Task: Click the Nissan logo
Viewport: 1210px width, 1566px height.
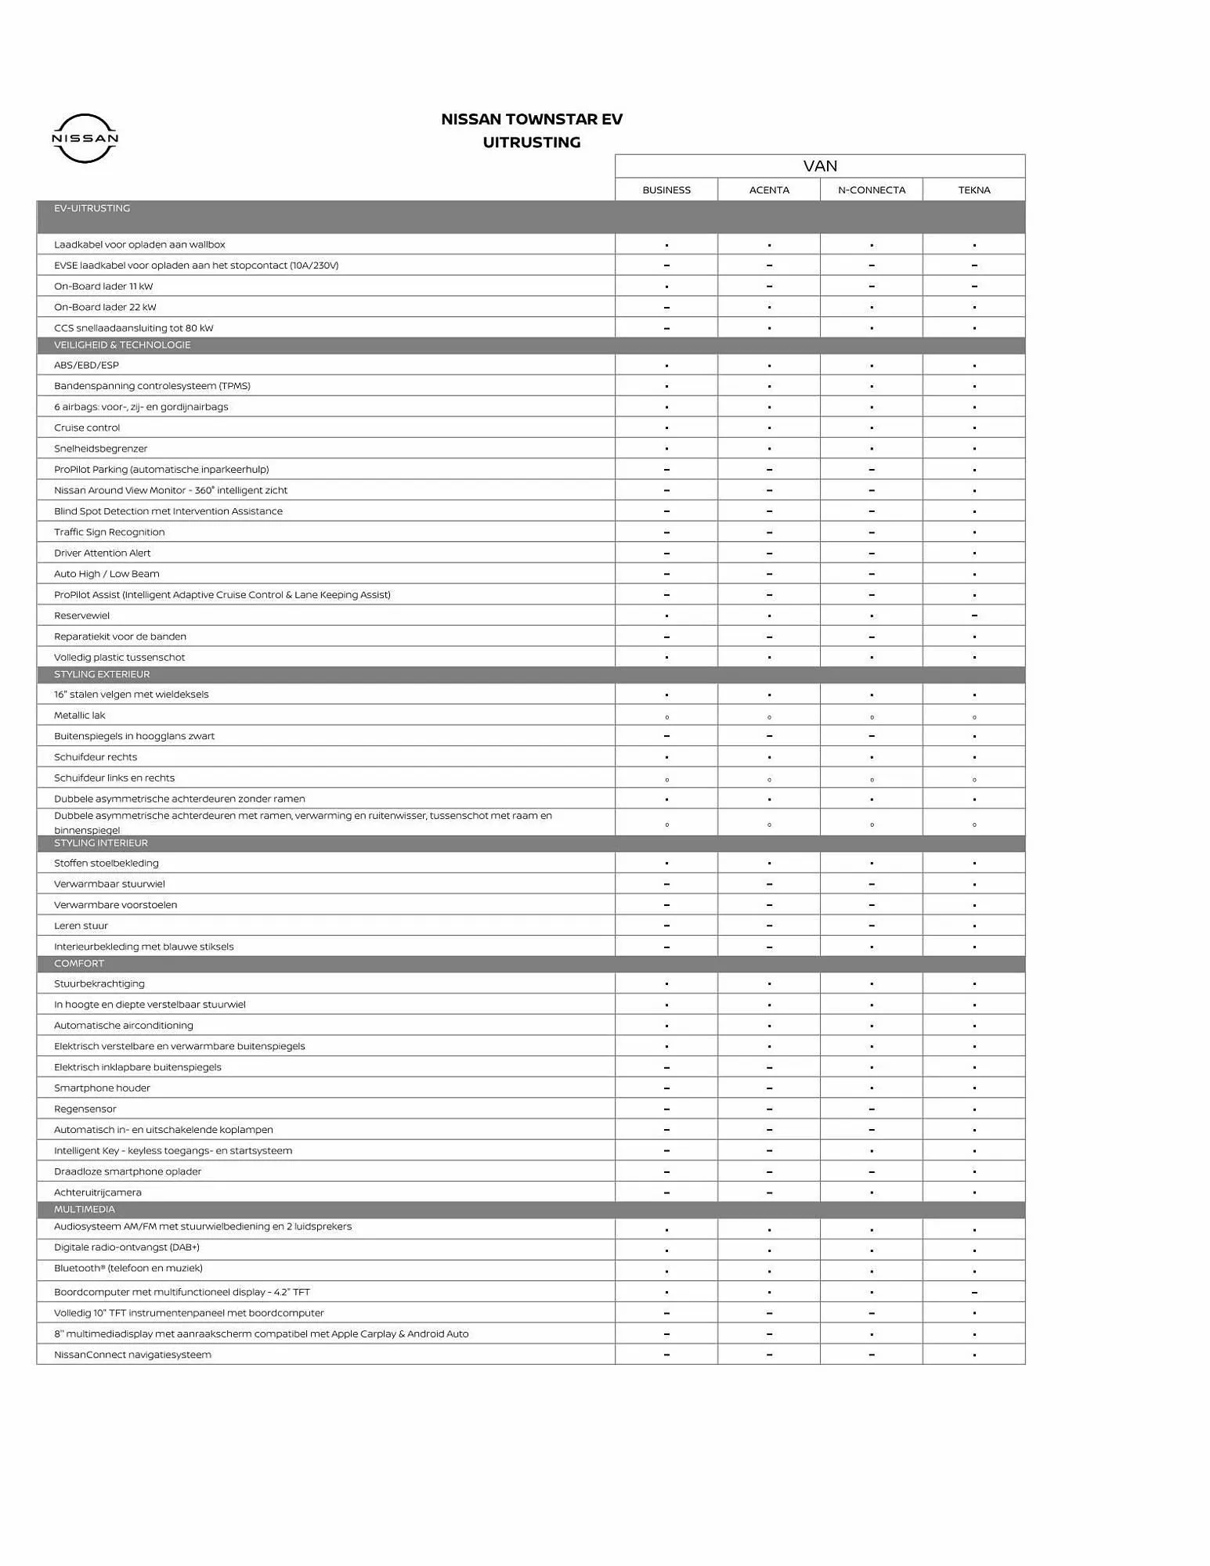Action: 85,139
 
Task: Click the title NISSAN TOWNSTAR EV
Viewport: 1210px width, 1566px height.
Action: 532,119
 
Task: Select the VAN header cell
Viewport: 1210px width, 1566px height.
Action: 820,166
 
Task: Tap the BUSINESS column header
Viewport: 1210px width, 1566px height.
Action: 666,190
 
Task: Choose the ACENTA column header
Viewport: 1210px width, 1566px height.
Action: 769,190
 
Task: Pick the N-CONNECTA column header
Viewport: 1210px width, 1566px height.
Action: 872,190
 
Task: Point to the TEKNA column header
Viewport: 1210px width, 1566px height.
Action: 974,190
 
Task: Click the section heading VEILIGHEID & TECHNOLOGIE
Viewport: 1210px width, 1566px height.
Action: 122,345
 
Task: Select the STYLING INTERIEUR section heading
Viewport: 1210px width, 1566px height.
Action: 101,843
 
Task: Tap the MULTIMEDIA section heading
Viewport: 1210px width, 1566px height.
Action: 85,1210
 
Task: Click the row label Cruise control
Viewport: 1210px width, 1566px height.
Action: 87,428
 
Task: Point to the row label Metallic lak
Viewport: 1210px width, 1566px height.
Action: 80,716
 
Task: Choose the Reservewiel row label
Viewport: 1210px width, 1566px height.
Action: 82,616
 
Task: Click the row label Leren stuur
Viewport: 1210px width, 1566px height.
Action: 81,926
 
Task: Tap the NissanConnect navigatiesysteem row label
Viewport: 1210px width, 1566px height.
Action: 132,1355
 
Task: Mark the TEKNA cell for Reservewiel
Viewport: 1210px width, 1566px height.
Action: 974,616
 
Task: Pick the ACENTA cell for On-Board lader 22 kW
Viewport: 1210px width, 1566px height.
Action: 769,308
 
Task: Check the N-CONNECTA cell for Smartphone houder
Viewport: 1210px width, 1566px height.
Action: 872,1088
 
